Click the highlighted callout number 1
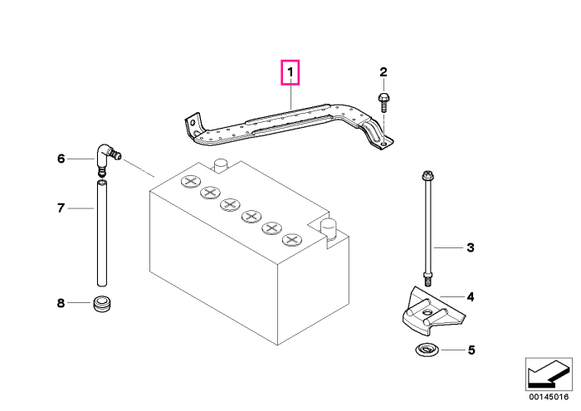point(290,72)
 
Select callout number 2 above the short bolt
point(383,72)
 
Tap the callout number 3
point(471,247)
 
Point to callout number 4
point(471,297)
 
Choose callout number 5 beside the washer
point(471,350)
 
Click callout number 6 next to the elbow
point(61,159)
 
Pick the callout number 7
point(61,208)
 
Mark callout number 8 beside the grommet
point(61,303)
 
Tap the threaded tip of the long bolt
point(427,280)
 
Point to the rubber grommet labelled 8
point(102,304)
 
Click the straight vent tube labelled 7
point(102,232)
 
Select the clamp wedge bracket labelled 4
point(433,311)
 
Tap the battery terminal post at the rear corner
point(221,165)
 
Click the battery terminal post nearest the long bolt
point(328,228)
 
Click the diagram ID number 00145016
point(549,397)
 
